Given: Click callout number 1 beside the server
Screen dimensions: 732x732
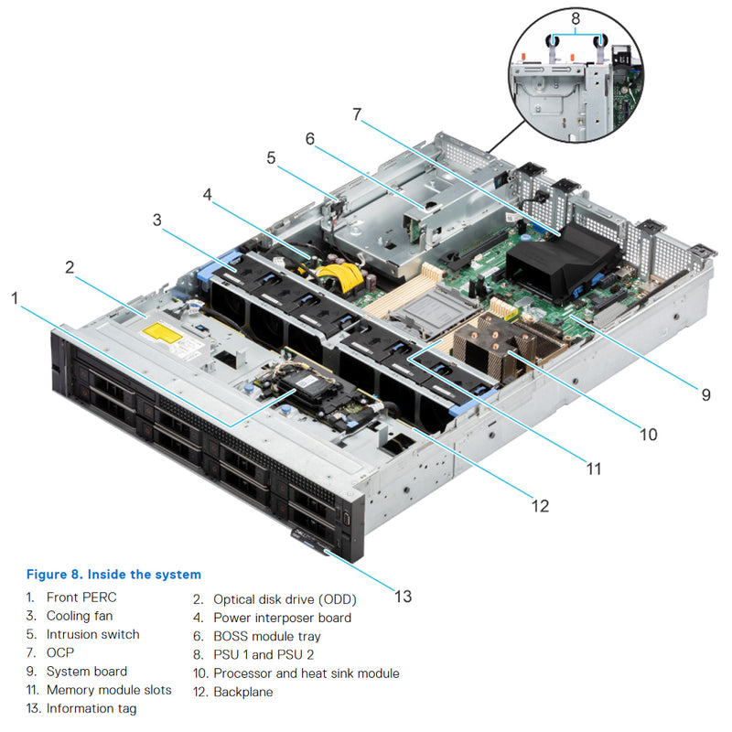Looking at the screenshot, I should click(x=14, y=297).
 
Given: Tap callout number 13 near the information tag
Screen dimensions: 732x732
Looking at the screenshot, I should click(x=403, y=596).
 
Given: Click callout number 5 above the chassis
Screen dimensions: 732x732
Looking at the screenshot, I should click(x=271, y=157).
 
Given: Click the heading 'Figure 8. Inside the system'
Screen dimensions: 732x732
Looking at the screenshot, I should click(x=113, y=575).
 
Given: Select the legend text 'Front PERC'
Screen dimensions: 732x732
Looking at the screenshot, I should click(x=81, y=597).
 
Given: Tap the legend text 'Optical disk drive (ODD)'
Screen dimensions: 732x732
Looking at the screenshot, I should click(x=285, y=599).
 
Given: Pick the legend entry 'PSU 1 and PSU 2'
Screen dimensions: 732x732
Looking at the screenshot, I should click(x=264, y=654).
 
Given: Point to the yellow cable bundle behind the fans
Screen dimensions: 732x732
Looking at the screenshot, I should click(x=339, y=274).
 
